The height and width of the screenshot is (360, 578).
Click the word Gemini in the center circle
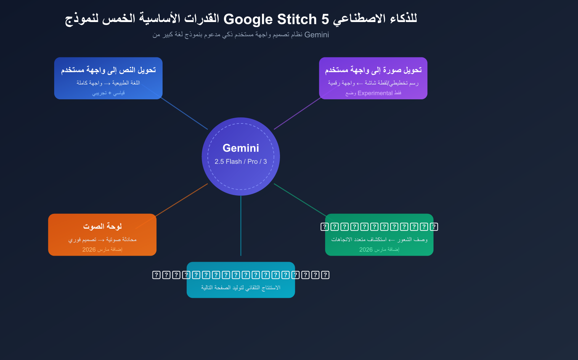click(241, 148)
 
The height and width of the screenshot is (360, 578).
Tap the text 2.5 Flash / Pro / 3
click(241, 161)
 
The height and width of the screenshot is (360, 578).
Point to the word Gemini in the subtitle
click(316, 35)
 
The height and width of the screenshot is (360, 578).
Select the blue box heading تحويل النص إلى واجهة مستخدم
click(108, 70)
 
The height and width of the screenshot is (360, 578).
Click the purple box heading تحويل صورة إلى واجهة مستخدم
click(373, 70)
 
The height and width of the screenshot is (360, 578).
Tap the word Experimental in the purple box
click(375, 93)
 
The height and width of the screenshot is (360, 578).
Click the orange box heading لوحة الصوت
click(102, 226)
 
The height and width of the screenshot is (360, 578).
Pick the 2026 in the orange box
click(89, 250)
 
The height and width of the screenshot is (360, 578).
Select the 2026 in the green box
click(366, 250)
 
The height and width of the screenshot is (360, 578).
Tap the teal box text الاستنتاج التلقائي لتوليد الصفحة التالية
click(241, 287)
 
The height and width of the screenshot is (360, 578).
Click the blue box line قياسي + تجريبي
click(108, 93)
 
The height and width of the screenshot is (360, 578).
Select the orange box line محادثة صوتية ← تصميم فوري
click(102, 239)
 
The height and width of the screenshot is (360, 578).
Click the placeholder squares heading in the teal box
click(241, 275)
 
